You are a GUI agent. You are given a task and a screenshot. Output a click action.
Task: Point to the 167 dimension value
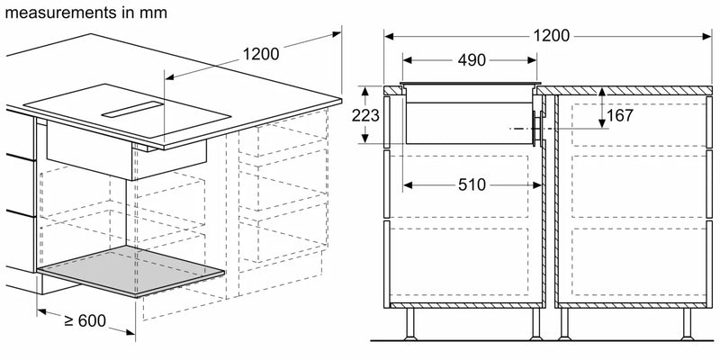(619, 115)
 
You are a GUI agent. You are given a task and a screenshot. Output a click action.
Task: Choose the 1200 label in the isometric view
(261, 53)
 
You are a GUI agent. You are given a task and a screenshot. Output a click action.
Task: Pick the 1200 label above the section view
(551, 36)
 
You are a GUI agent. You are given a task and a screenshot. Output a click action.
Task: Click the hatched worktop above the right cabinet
(630, 91)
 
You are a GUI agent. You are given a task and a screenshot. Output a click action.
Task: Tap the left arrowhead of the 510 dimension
(406, 184)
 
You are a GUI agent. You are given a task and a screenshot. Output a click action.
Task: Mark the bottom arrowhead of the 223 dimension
(366, 139)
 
